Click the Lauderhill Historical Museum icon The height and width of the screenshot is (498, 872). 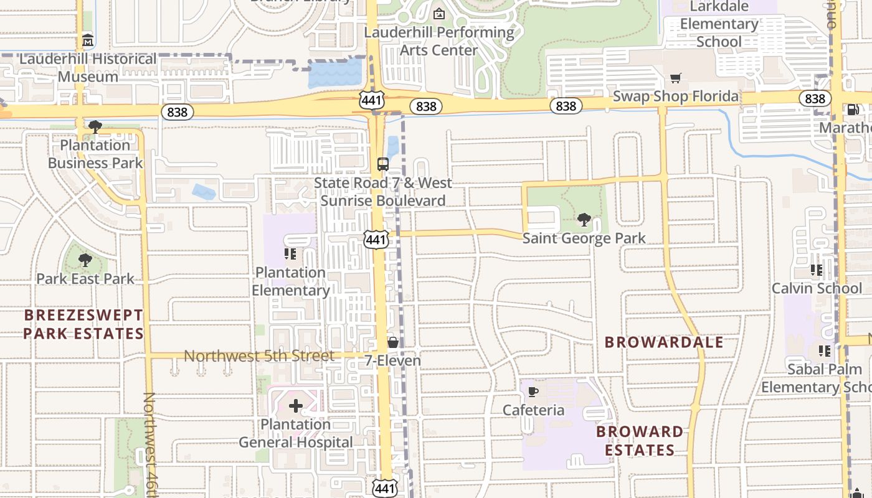pos(88,42)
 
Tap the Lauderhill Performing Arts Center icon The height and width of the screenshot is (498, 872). pos(439,14)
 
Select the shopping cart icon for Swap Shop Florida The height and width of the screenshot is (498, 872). pos(675,78)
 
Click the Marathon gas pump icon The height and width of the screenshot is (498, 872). pos(852,110)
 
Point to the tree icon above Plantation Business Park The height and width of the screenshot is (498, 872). pos(95,127)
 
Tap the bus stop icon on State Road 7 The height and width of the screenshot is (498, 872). pos(383,164)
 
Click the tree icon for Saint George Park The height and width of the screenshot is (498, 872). pos(584,219)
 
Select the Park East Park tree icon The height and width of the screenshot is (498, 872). pos(85,260)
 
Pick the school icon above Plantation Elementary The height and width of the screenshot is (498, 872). pos(290,254)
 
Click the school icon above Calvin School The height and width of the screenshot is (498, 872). pos(817,270)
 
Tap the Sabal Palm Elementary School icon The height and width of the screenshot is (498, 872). pos(825,351)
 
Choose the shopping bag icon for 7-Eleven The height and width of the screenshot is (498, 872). pos(392,342)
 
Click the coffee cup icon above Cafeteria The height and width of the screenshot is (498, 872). pos(533,392)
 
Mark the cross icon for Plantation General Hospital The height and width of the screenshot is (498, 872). pos(296,406)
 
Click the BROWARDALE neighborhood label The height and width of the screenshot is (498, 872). pos(664,342)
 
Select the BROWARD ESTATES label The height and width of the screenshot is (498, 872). pos(640,441)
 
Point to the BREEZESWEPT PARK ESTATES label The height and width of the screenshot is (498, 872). pos(83,324)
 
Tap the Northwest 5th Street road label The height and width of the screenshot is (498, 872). pos(259,356)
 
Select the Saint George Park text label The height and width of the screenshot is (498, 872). pos(584,238)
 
